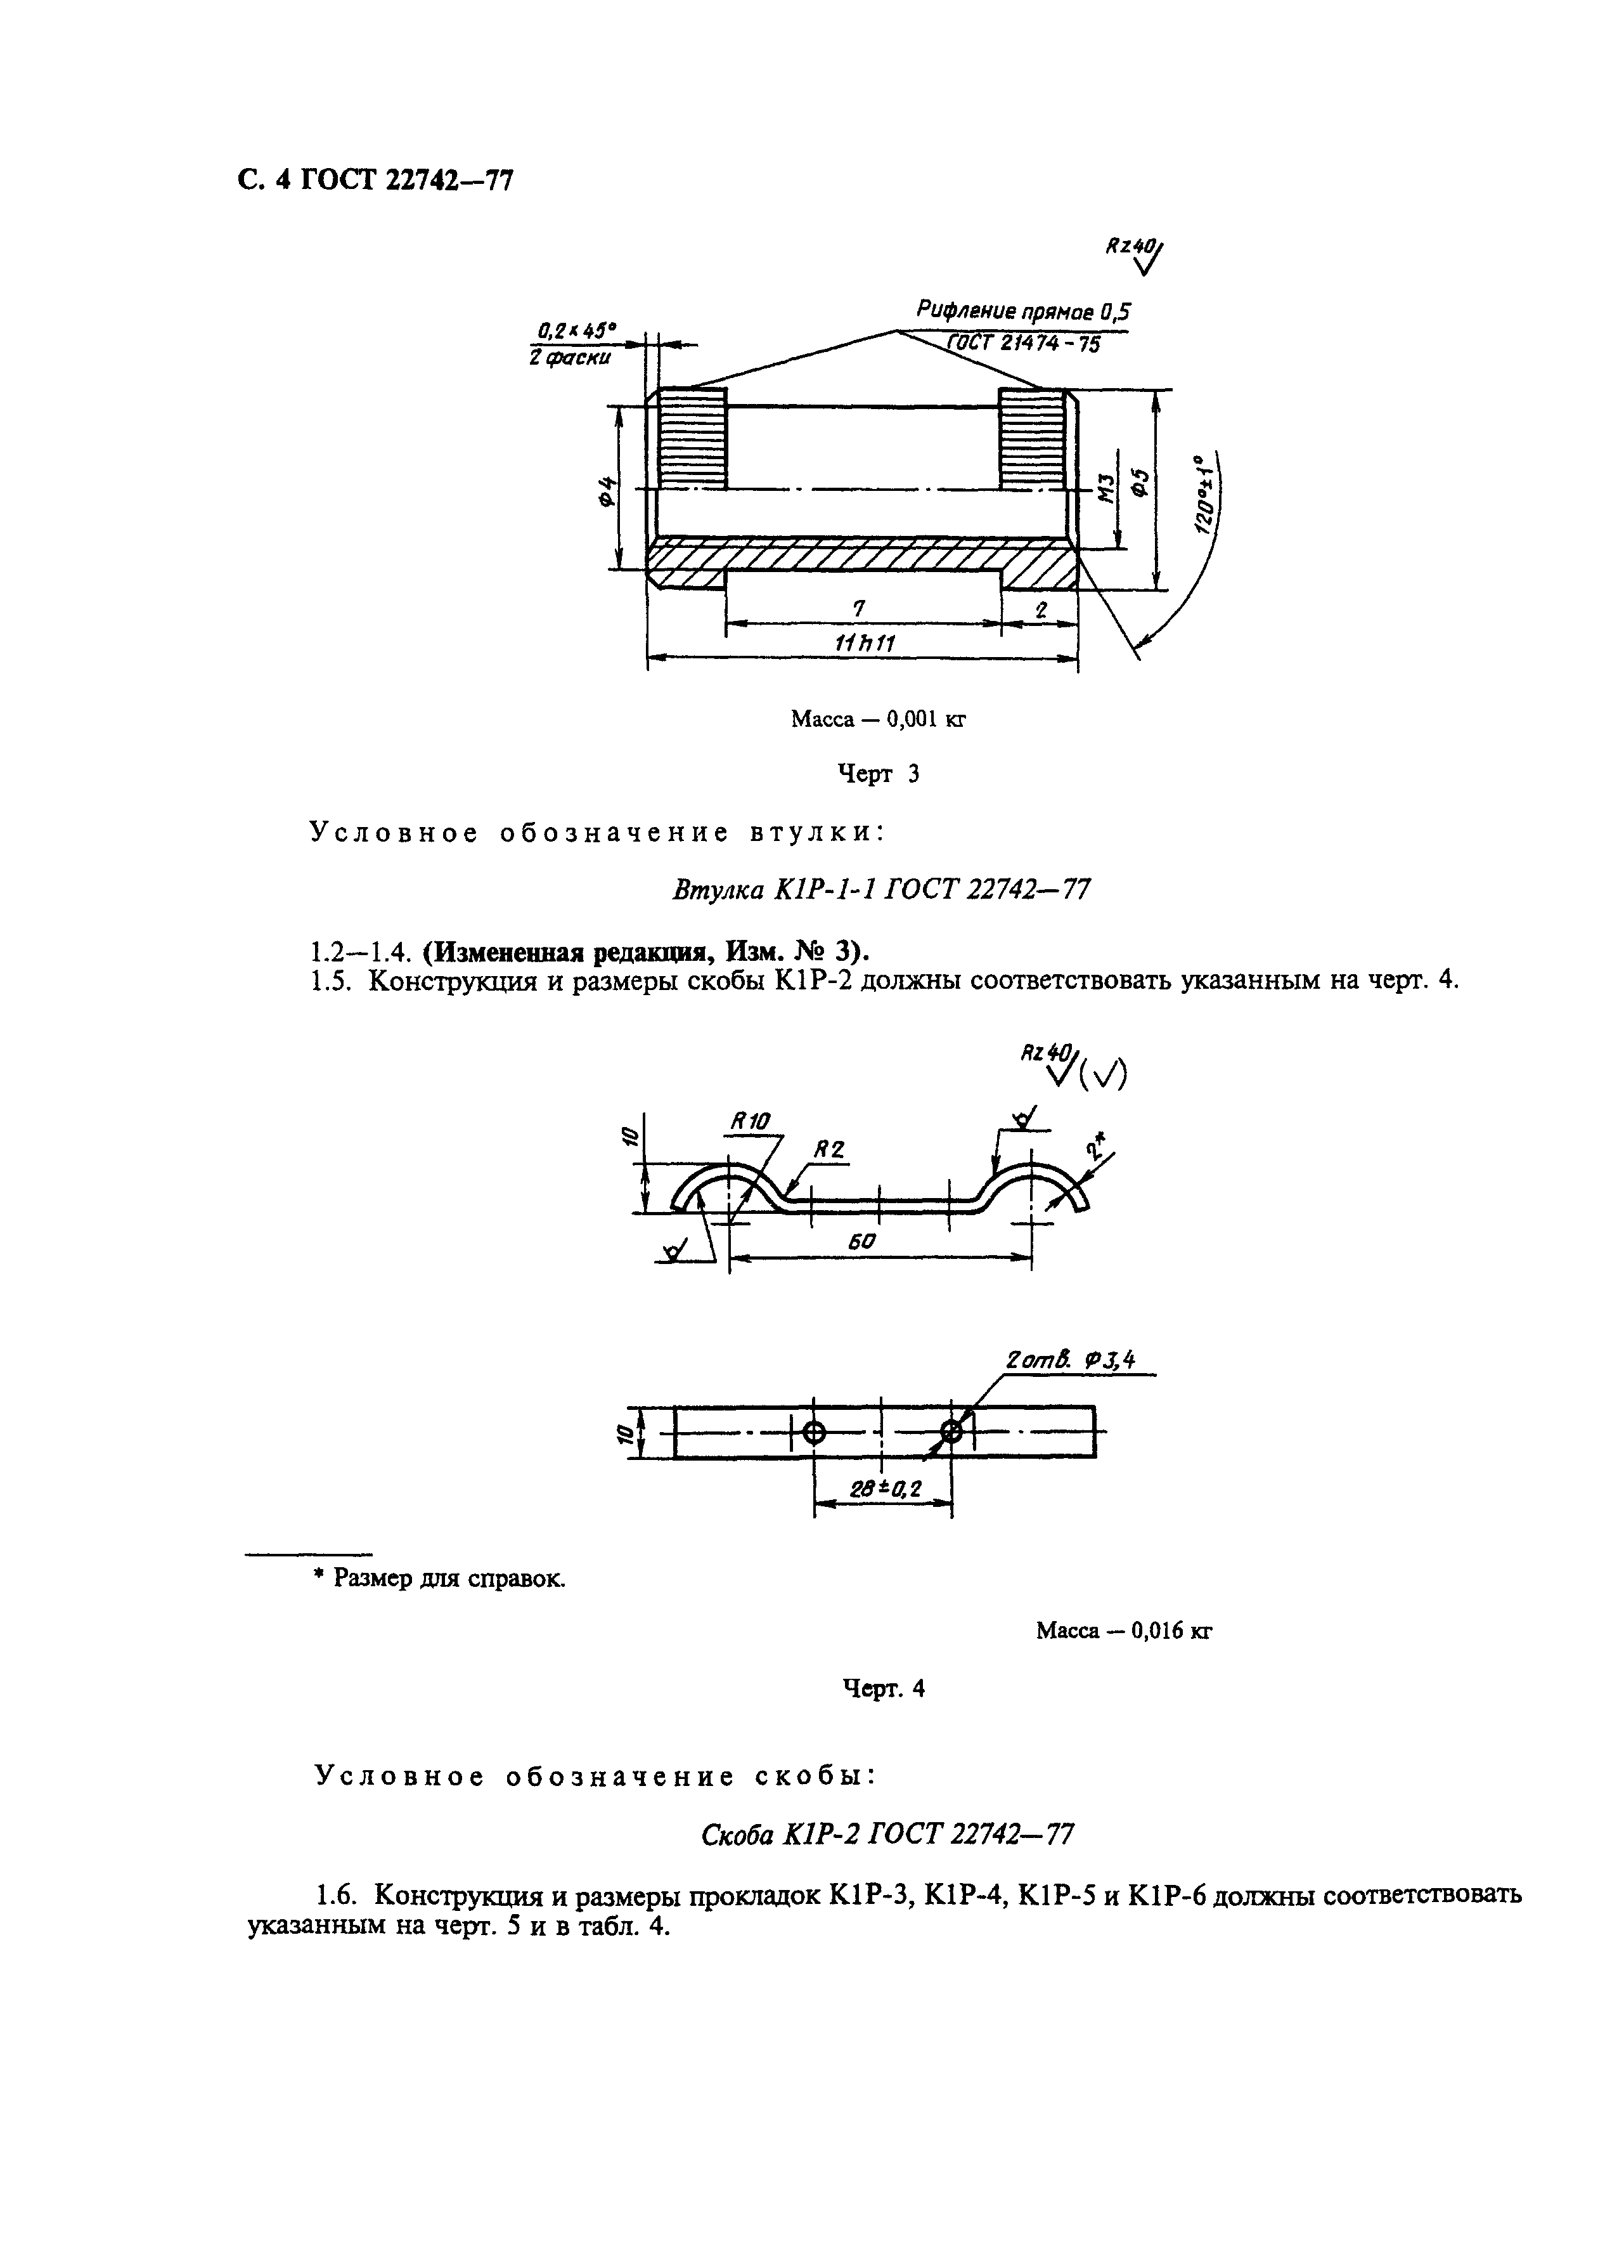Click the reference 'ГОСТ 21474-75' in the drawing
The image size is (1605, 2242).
(1023, 345)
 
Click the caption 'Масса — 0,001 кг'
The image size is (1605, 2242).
(877, 720)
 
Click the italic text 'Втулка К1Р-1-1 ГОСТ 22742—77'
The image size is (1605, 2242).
(880, 890)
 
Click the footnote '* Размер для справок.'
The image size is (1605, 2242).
(440, 1579)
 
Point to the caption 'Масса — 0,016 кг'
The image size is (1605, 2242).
(1124, 1630)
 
